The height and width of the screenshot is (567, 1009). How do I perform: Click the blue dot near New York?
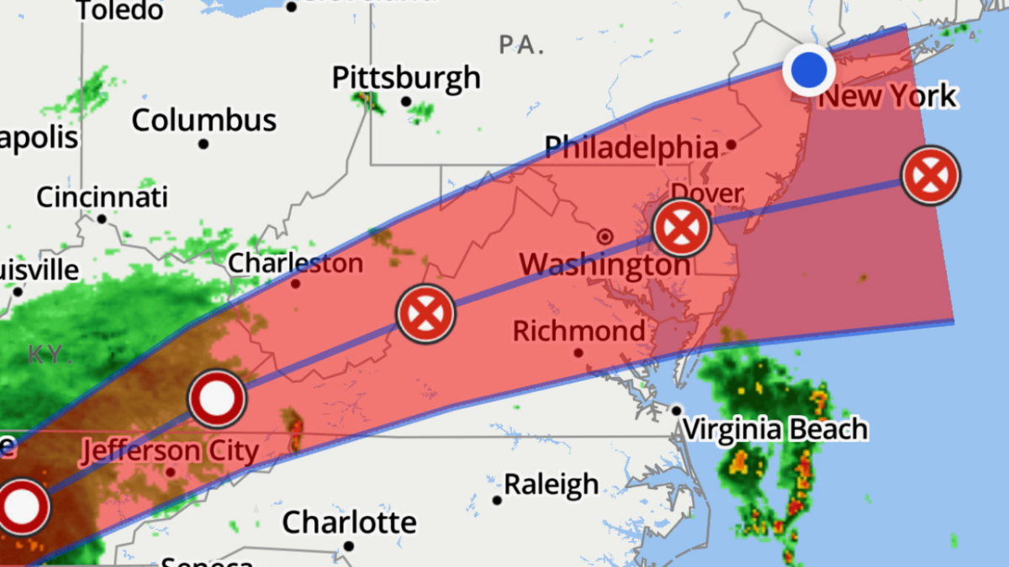click(x=809, y=69)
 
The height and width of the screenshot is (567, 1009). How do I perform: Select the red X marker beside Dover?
click(x=681, y=228)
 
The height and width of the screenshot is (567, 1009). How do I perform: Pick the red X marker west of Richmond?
click(x=425, y=313)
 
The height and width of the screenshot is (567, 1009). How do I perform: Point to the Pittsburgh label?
click(x=406, y=78)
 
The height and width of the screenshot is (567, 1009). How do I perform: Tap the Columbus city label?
click(x=204, y=120)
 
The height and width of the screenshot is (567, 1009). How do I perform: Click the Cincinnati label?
click(x=102, y=197)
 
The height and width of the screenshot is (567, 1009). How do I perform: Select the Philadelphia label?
click(x=631, y=148)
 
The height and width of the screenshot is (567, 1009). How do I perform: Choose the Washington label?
click(x=605, y=265)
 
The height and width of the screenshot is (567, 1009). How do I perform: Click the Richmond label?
click(x=579, y=330)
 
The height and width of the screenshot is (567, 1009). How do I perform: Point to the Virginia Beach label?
click(x=774, y=429)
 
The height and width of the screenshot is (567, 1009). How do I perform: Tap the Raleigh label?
click(x=551, y=485)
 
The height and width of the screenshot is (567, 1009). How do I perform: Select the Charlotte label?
click(x=349, y=522)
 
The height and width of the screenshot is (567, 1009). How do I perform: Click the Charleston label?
click(x=296, y=263)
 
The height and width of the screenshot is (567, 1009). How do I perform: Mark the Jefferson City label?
click(x=170, y=451)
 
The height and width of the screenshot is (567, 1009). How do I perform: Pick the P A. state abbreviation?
click(x=520, y=45)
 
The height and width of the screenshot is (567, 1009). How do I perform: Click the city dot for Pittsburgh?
click(x=406, y=102)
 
